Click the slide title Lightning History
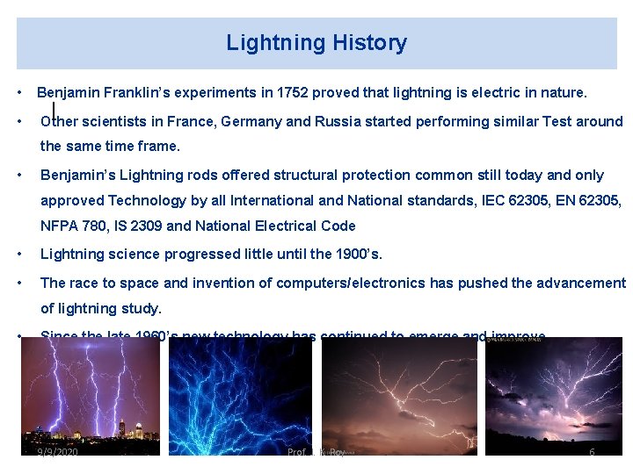[316, 43]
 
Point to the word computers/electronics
[347, 283]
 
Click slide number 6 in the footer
[592, 451]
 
